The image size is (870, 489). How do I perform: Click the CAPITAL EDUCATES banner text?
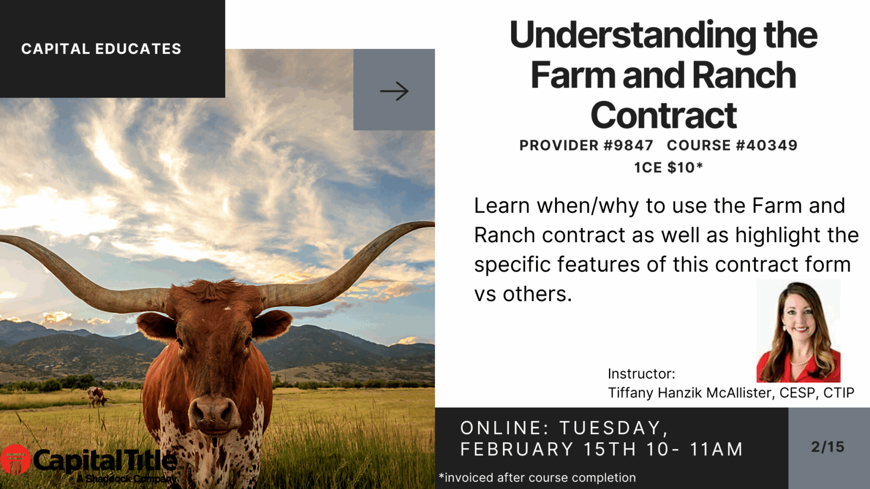[x=101, y=49]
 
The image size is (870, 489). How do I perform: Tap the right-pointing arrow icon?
[x=394, y=91]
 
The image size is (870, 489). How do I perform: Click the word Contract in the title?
[x=663, y=115]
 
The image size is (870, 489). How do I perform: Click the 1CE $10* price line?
[x=668, y=167]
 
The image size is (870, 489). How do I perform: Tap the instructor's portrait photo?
[x=798, y=331]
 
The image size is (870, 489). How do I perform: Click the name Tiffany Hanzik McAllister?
[x=691, y=393]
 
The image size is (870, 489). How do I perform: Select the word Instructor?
[x=641, y=374]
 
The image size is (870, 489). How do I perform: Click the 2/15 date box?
[x=828, y=447]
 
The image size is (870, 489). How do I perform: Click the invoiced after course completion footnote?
[x=537, y=478]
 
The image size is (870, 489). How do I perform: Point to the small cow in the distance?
[x=97, y=397]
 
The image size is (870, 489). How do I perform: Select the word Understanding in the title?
[x=632, y=35]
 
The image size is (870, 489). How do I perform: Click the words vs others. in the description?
[x=523, y=294]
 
